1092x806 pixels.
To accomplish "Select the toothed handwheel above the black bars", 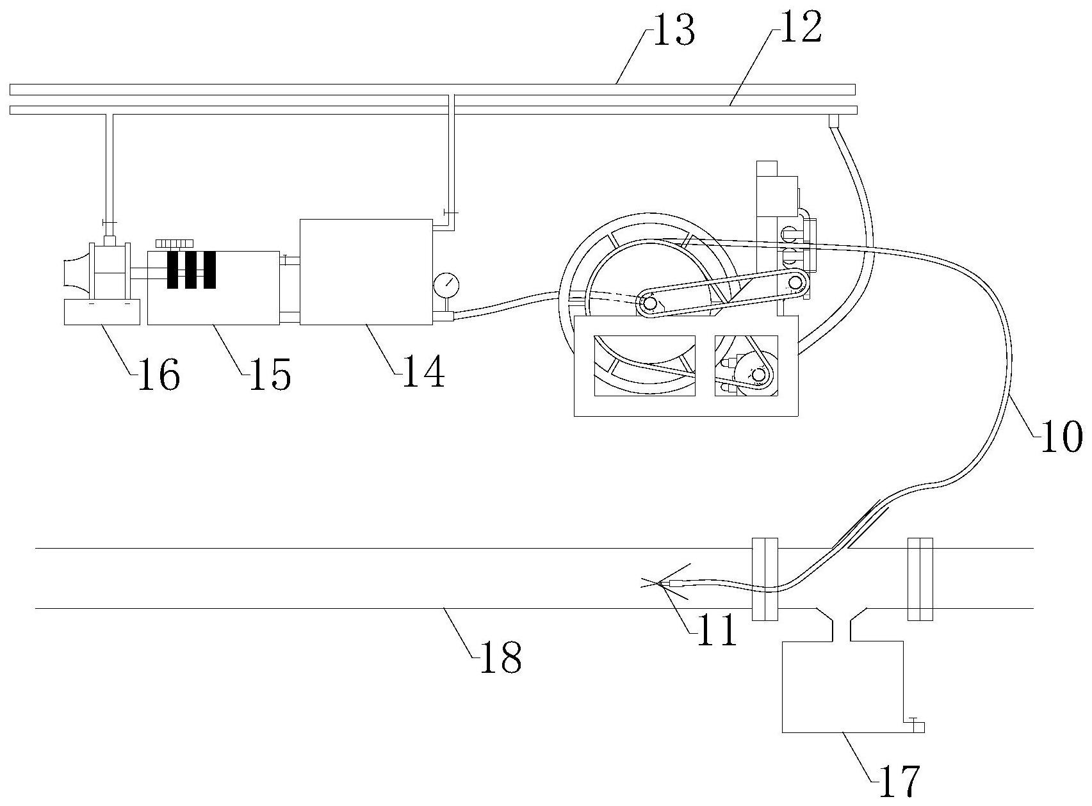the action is tap(174, 244).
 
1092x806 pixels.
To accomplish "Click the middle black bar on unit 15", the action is tap(191, 270).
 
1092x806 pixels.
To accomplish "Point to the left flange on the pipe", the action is tap(765, 579).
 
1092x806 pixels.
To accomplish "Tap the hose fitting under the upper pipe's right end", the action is tap(833, 121).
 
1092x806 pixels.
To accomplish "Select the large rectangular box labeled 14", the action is tap(366, 272).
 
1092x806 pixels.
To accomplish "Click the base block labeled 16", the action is tap(102, 312).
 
